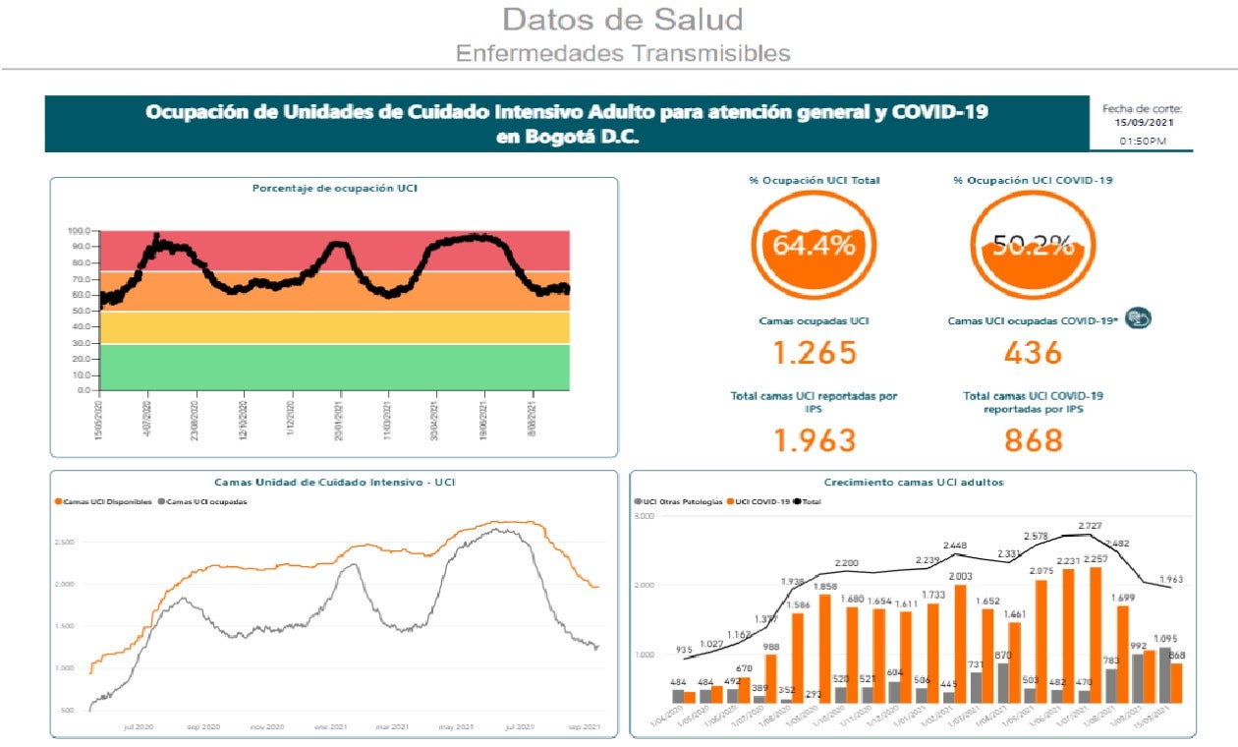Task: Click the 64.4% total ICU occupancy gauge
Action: pos(813,246)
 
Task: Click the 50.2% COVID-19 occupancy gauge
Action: pos(1032,246)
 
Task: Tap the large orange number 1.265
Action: pos(814,352)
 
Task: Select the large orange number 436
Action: pos(1033,352)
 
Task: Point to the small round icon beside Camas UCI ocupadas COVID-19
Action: pos(1138,318)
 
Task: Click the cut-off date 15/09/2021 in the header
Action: pos(1143,123)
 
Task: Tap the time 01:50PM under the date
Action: pos(1143,142)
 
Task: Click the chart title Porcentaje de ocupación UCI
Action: pos(334,188)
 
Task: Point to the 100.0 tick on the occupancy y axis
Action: pos(81,232)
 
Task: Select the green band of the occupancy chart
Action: pos(334,367)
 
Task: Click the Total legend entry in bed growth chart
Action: pos(808,501)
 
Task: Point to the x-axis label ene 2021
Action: pos(329,726)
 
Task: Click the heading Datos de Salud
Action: pos(622,19)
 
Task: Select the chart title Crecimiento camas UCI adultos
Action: pos(914,482)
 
